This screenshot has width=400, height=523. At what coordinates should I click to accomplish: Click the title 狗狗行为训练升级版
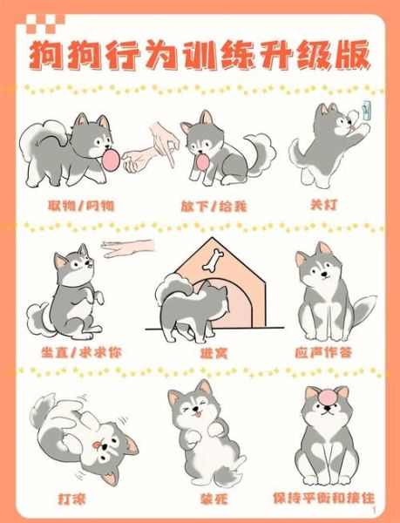click(x=200, y=54)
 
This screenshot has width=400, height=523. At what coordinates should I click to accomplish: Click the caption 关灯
click(x=322, y=206)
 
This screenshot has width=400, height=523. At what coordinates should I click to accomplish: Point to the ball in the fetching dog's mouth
click(x=111, y=160)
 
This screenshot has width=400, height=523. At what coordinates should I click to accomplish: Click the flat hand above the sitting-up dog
click(x=128, y=248)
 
